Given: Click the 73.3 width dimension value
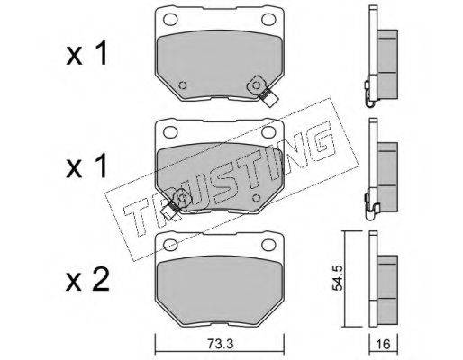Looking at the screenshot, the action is [x=220, y=344].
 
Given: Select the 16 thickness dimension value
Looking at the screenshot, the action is [x=384, y=344].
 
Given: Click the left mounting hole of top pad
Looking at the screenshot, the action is [x=170, y=20].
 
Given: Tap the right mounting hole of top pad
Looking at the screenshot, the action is [x=268, y=20].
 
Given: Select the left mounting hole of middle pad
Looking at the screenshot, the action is [x=170, y=132].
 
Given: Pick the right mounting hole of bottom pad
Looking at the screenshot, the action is [x=268, y=245].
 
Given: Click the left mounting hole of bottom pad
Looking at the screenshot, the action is [x=170, y=245].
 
